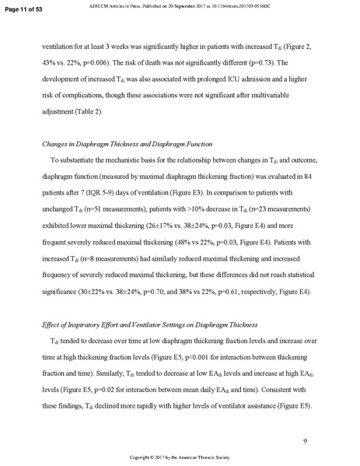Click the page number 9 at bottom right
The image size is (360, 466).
(x=306, y=442)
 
